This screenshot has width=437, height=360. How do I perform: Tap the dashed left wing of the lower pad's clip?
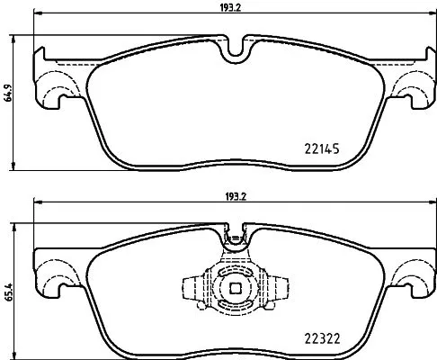pyautogui.click(x=196, y=288)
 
